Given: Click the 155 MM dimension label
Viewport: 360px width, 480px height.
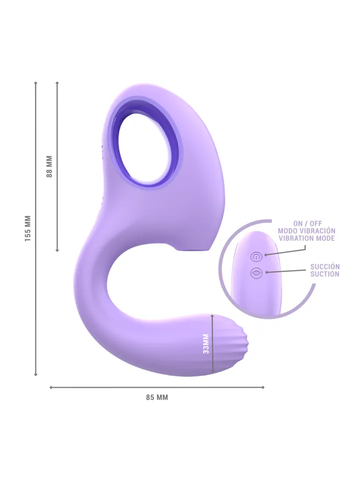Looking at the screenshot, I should (28, 228).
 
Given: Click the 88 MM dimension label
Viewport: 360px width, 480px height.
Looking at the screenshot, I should (49, 166).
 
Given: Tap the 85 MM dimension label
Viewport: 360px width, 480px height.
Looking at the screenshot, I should (157, 397).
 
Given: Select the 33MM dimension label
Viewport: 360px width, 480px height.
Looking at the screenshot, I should (205, 343).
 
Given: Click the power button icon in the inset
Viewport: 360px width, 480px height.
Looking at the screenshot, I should (256, 256).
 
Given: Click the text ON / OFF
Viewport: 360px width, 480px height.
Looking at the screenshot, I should (306, 223).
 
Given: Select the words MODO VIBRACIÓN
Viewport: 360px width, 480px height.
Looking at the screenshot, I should (306, 231).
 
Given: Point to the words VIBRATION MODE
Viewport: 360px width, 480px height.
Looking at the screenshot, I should (306, 238).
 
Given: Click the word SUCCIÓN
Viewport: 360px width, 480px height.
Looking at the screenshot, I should (324, 266).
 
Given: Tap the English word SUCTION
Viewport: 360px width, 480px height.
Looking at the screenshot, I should (324, 274).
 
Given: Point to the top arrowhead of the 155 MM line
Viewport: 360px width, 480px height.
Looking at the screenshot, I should (35, 83).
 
